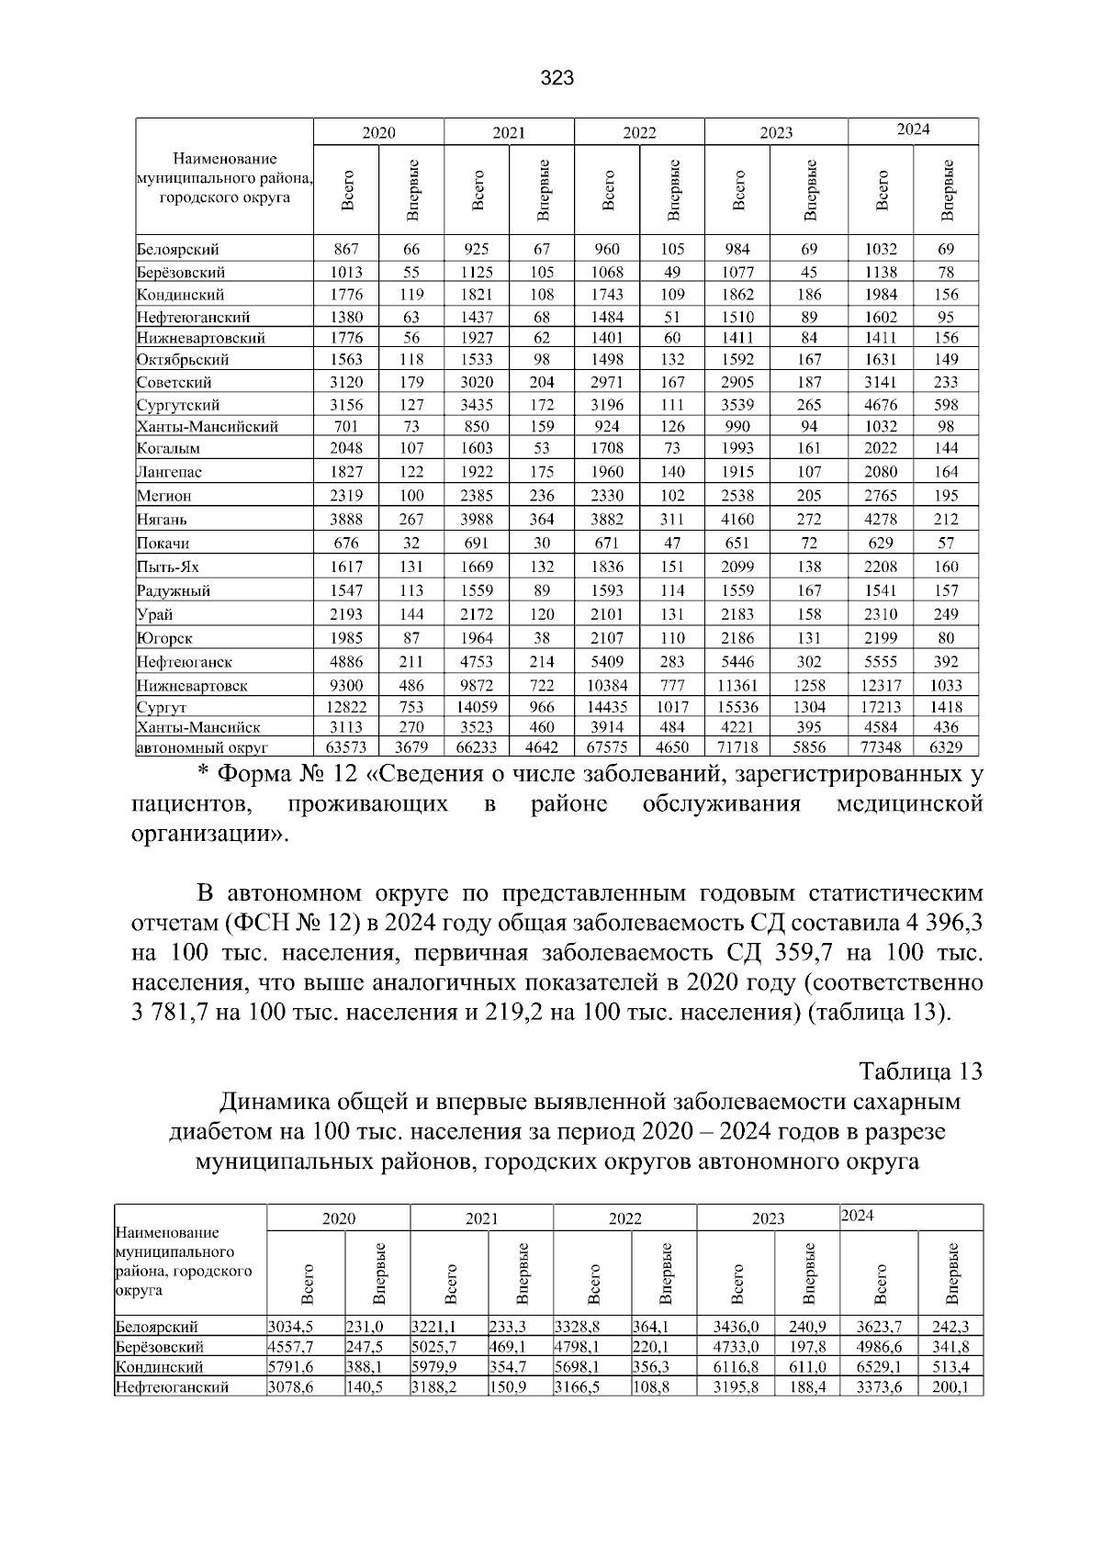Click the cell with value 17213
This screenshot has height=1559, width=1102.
(881, 707)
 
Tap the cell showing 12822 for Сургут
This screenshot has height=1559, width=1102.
(346, 707)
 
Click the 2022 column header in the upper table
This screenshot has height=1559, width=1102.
(639, 132)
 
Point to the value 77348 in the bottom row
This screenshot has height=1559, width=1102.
(881, 748)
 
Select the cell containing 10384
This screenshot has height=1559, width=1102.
(607, 685)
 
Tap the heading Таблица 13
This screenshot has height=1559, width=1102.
(920, 1071)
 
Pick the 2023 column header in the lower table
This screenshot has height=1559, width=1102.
(768, 1218)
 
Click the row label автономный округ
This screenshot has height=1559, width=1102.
(202, 748)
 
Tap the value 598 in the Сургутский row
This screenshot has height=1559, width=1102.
(946, 405)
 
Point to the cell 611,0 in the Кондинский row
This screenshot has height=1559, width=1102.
(807, 1367)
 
